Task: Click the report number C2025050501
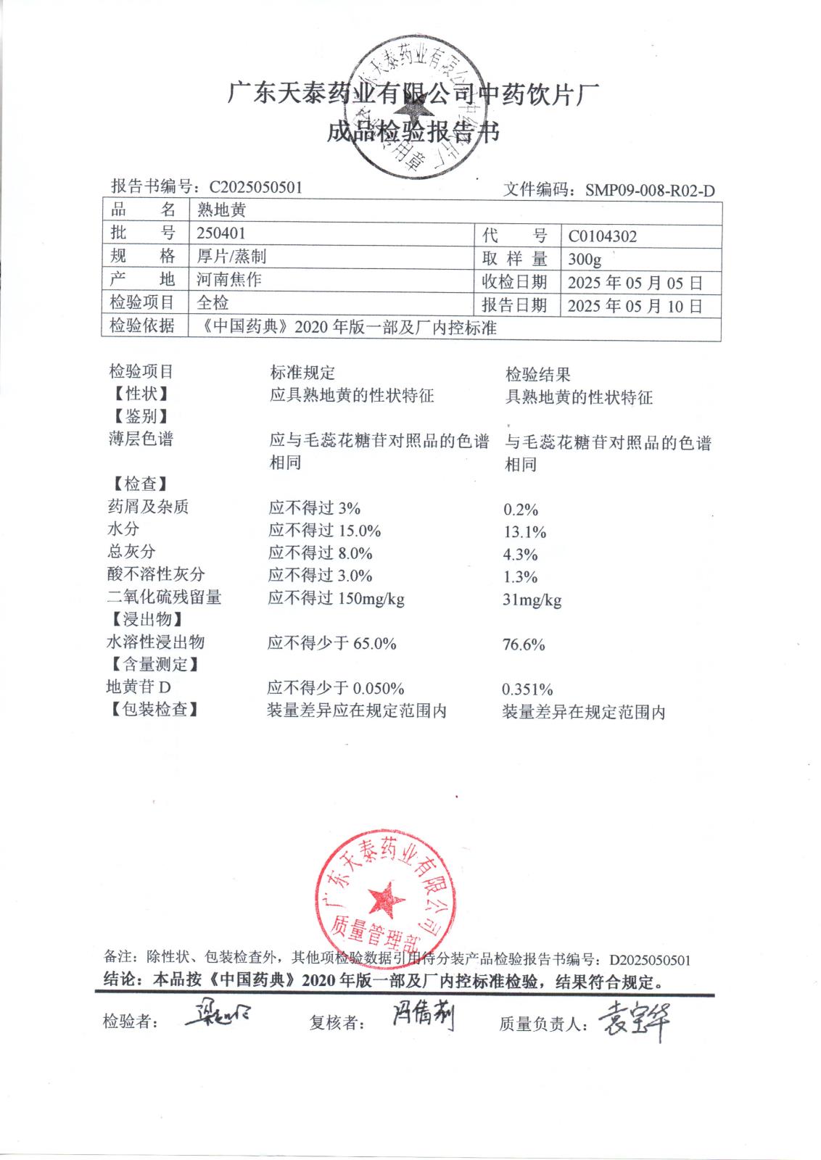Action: pos(256,187)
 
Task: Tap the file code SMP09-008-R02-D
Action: pos(650,191)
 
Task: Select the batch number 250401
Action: pos(221,233)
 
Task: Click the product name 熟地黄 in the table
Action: pos(221,210)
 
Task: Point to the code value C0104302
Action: pos(603,236)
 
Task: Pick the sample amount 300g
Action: pos(585,260)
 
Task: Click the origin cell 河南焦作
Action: pos(229,279)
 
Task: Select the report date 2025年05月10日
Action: pos(635,306)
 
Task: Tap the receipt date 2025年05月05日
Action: pos(635,283)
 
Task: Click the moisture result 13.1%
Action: pos(524,532)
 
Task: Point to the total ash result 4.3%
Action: pos(520,555)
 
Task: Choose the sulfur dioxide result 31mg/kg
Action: pos(532,600)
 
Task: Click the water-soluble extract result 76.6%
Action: pos(524,645)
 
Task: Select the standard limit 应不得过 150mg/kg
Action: pos(336,599)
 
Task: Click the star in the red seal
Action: pos(386,898)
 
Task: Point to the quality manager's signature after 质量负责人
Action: pos(634,1022)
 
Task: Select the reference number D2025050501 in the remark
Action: pos(649,960)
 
